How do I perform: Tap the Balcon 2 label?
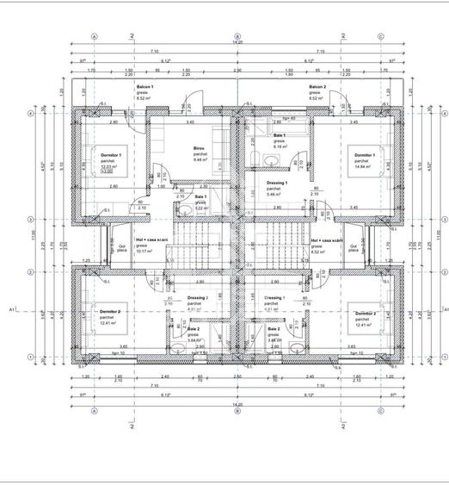(317, 87)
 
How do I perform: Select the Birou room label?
(199, 148)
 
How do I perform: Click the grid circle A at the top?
(95, 37)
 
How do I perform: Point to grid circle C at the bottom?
(379, 410)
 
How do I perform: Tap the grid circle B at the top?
(237, 37)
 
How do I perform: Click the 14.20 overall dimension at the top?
(237, 43)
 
